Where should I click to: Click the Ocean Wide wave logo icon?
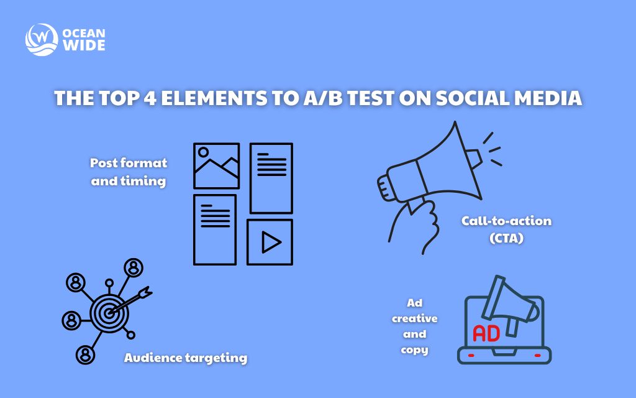coord(40,39)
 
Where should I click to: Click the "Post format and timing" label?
coord(129,172)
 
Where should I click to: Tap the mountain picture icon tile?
coord(216,165)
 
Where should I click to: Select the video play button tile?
coord(270,242)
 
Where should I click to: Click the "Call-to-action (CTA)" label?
coord(497,229)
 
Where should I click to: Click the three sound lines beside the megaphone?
coord(492,150)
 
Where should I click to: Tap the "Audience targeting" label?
coord(186,358)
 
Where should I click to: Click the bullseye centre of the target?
coord(109,313)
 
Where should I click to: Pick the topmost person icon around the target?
coord(133,267)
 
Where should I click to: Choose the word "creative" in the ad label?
coord(414,318)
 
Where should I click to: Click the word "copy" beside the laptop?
coord(414,349)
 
